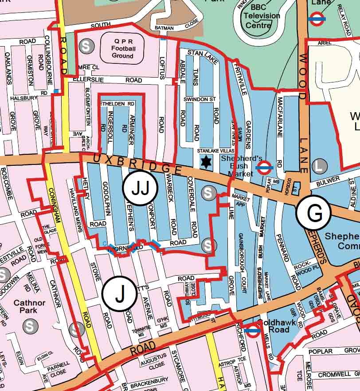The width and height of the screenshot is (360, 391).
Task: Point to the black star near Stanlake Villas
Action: coord(206,162)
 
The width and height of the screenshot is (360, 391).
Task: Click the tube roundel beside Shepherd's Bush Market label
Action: coord(264,168)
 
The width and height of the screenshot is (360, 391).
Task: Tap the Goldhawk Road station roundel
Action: coord(252,331)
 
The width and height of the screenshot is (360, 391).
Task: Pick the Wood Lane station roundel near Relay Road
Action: coord(318,19)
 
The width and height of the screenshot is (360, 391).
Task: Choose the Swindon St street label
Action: coord(200,99)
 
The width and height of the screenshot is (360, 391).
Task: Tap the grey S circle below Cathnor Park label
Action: coord(30,326)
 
